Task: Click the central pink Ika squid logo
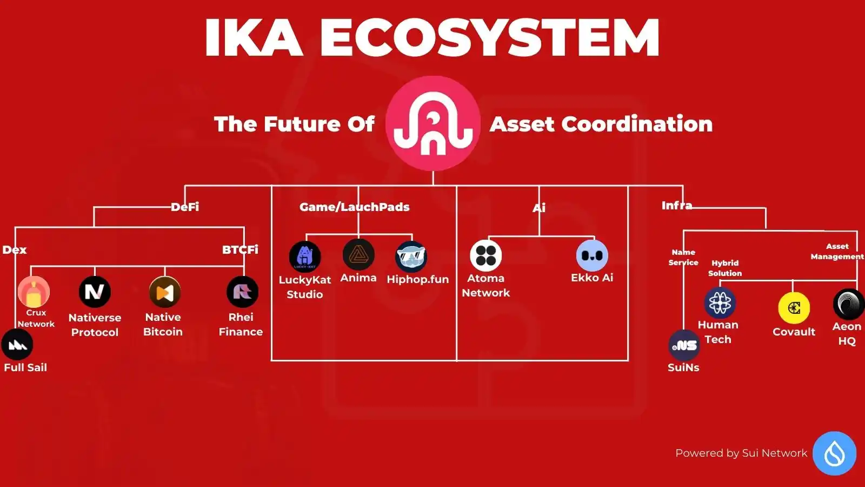click(x=433, y=123)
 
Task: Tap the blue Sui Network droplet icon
click(x=835, y=453)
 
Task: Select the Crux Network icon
click(x=34, y=292)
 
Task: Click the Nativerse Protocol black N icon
click(x=95, y=292)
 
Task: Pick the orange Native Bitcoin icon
click(x=165, y=292)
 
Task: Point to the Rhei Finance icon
click(x=243, y=292)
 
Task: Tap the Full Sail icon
click(x=17, y=344)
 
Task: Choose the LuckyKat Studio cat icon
click(x=305, y=256)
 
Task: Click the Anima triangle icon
click(x=358, y=254)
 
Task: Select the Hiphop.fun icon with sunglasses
click(x=411, y=256)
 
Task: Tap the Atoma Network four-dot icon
click(x=486, y=255)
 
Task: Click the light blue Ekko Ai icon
click(x=592, y=255)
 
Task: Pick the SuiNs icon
click(x=684, y=346)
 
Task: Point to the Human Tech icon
click(x=720, y=302)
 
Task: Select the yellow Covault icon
click(x=794, y=308)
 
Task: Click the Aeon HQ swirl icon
click(x=849, y=305)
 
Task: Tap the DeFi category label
click(x=185, y=207)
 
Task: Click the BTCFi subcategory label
click(x=240, y=249)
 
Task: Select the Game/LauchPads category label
click(x=355, y=207)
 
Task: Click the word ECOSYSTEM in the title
click(x=490, y=37)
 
